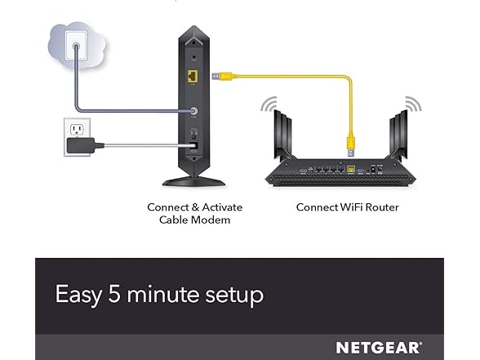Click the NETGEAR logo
pyautogui.click(x=379, y=348)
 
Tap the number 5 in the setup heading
pyautogui.click(x=114, y=294)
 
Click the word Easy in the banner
pyautogui.click(x=78, y=295)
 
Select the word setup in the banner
pyautogui.click(x=234, y=296)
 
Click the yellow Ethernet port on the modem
pyautogui.click(x=193, y=76)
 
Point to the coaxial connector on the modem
pyautogui.click(x=193, y=111)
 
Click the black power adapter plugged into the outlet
pyautogui.click(x=81, y=145)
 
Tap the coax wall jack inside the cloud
pyautogui.click(x=76, y=47)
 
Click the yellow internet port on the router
pyautogui.click(x=351, y=169)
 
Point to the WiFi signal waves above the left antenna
pyautogui.click(x=269, y=104)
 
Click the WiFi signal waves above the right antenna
pyautogui.click(x=413, y=104)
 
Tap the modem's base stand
pyautogui.click(x=193, y=182)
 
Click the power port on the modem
pyautogui.click(x=193, y=146)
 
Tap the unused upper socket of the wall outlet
pyautogui.click(x=77, y=130)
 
